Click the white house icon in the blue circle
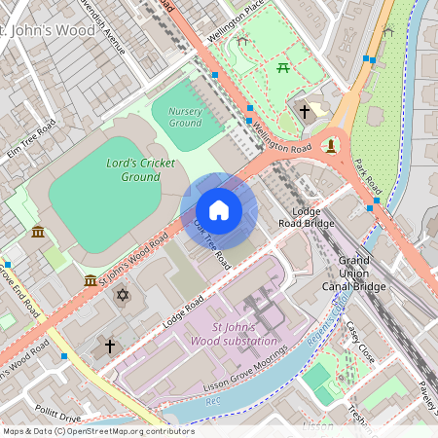(219, 210)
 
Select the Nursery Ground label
(185, 117)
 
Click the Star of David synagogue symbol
(123, 294)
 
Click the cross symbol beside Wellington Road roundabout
(304, 112)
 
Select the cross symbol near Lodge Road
(110, 346)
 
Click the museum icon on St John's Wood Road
(91, 280)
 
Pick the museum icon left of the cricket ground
(37, 232)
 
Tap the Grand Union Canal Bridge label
(362, 274)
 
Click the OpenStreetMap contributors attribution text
(98, 431)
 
